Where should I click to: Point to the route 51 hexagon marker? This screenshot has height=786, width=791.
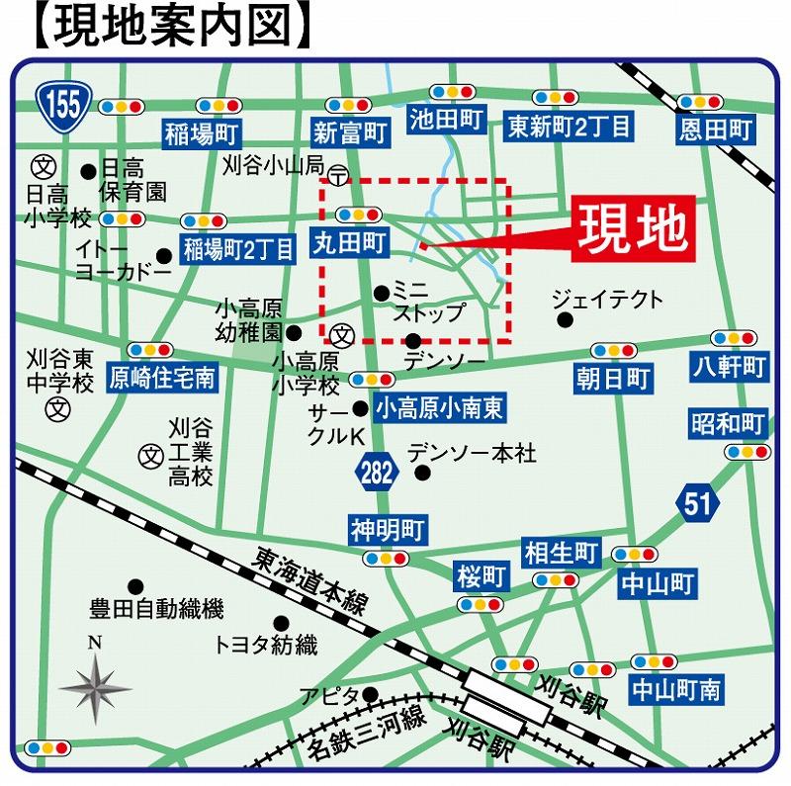click(696, 502)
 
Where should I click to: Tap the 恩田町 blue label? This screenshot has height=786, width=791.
click(716, 129)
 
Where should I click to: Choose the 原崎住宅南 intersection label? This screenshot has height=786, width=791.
click(160, 376)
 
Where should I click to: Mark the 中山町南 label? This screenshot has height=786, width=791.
click(676, 689)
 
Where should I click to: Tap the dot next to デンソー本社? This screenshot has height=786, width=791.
click(422, 473)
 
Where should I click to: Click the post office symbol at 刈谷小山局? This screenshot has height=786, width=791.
click(338, 176)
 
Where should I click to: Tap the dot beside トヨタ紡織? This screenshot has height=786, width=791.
click(282, 623)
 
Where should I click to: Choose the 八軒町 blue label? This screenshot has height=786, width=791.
click(730, 368)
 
